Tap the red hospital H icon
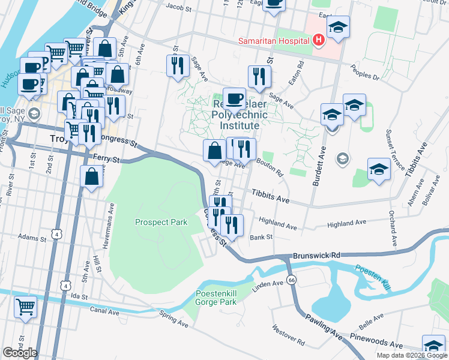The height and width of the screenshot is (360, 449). (318, 40)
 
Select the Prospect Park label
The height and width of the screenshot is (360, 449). (161, 222)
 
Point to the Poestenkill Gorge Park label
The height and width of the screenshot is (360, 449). (216, 298)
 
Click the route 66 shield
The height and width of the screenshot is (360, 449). (291, 280)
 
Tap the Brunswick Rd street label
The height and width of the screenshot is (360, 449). (316, 255)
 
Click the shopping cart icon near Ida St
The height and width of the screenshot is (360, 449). (26, 307)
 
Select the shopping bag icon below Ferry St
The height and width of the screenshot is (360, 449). (91, 176)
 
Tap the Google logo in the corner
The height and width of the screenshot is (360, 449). (20, 352)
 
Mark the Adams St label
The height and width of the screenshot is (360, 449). (32, 237)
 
